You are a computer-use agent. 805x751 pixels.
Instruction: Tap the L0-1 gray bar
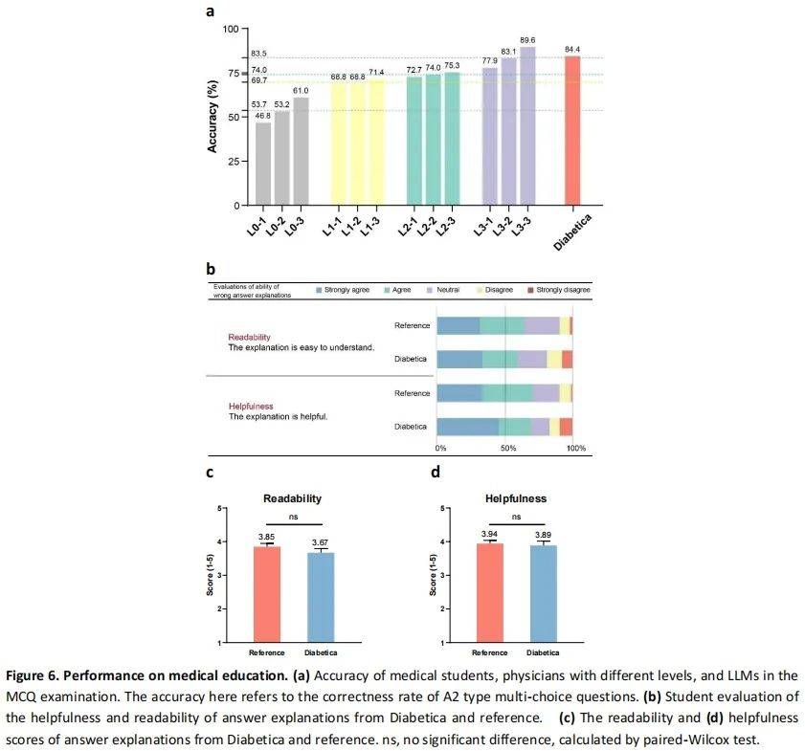tap(263, 164)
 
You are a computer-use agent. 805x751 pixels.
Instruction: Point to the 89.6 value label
tap(527, 40)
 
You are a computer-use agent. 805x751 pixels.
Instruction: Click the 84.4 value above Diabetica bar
tap(572, 50)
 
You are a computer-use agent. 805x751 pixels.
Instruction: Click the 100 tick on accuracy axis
tap(230, 29)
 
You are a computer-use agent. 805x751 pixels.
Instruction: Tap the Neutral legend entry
tap(447, 289)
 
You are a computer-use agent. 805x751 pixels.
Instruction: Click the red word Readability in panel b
tap(249, 338)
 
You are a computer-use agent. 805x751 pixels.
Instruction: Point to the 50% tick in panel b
tap(508, 448)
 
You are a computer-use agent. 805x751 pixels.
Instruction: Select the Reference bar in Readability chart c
tap(267, 593)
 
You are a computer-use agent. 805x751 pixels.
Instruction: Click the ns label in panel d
tap(516, 516)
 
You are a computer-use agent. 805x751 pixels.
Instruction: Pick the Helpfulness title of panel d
tap(516, 498)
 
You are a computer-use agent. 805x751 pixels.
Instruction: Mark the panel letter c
tap(209, 472)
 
